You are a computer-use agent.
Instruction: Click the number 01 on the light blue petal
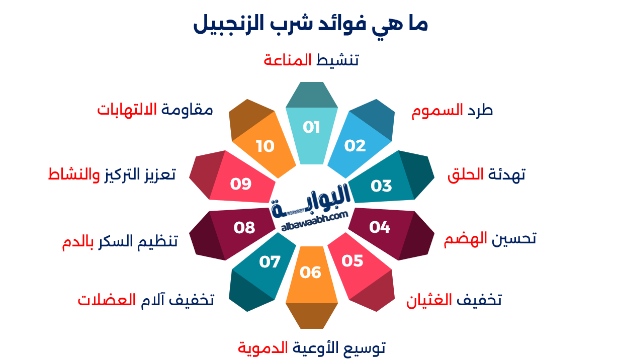click(x=311, y=127)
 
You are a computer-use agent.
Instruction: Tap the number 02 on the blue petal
click(x=355, y=146)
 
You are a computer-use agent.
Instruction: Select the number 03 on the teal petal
click(x=381, y=186)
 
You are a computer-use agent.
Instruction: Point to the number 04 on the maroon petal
click(x=380, y=227)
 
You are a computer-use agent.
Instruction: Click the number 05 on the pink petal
click(x=352, y=261)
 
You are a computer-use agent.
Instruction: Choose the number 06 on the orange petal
click(x=310, y=273)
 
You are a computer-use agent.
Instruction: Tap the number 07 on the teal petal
click(x=270, y=261)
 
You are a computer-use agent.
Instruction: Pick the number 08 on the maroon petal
click(x=244, y=228)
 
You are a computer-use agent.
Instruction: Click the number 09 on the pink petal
click(x=241, y=184)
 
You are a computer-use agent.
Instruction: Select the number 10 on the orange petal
click(x=265, y=146)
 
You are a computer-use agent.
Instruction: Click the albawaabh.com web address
click(x=315, y=221)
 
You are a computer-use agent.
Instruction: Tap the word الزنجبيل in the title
click(x=229, y=24)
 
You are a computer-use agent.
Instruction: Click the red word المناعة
click(x=288, y=60)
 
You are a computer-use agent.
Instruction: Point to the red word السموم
click(x=437, y=111)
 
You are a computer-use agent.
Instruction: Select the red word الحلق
click(x=466, y=174)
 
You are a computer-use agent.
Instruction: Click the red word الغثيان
click(x=429, y=300)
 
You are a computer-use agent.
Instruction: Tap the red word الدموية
click(x=263, y=347)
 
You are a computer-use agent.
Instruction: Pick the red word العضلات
click(x=107, y=300)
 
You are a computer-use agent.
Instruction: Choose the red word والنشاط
click(x=74, y=174)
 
